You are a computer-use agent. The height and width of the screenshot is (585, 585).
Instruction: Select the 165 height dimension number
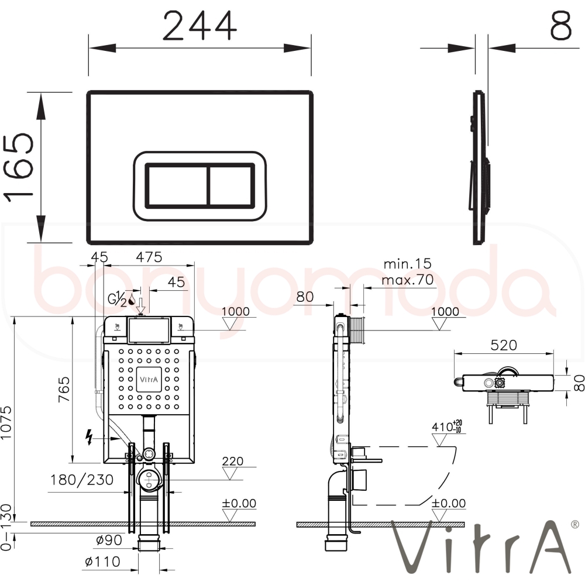coord(19,167)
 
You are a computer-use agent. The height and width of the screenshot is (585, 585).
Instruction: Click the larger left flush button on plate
coord(177,184)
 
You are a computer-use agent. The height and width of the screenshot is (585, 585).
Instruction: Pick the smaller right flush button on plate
coord(231,184)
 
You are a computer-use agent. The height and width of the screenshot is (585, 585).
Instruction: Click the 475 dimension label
coord(149,257)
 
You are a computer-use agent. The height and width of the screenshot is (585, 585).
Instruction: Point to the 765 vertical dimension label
coord(64,389)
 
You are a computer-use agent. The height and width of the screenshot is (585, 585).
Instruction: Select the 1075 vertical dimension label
coord(6,422)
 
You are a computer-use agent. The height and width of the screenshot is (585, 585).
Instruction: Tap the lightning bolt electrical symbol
coord(89,437)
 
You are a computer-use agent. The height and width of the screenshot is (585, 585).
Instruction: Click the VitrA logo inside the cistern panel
coord(149,380)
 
